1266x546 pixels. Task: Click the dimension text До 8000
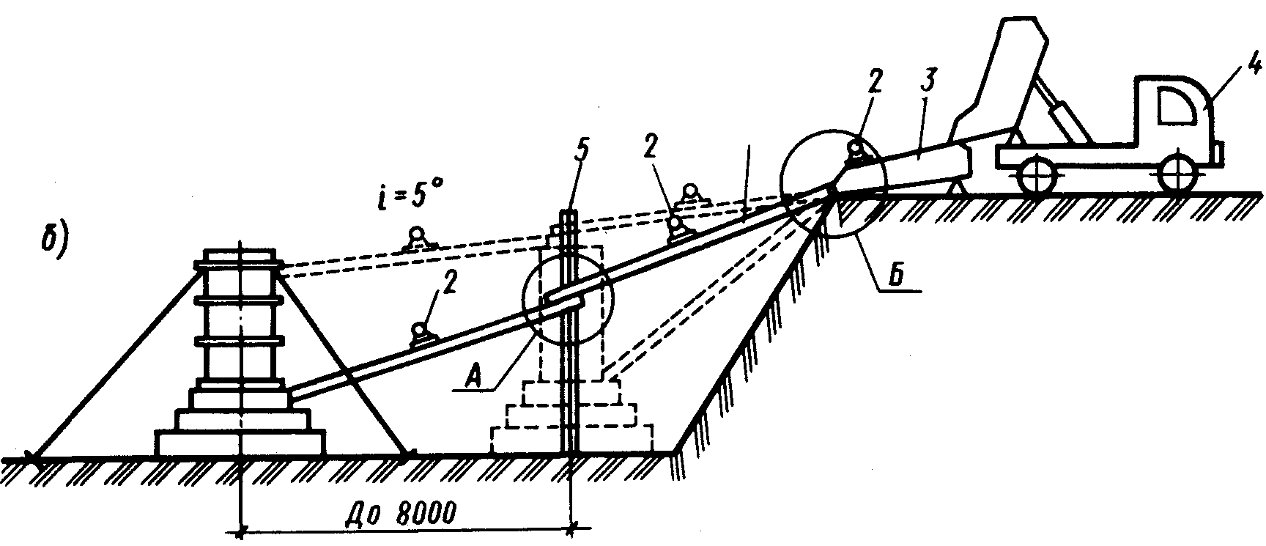(401, 510)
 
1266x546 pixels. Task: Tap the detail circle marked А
(566, 300)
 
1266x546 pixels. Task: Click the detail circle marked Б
(833, 184)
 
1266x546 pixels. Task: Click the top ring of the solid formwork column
(240, 265)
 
